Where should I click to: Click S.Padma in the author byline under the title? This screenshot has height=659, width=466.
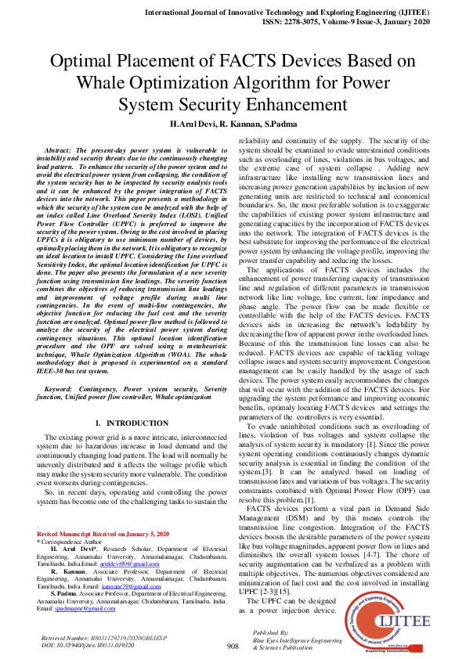click(x=281, y=124)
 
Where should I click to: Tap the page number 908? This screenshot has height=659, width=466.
click(x=233, y=646)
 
